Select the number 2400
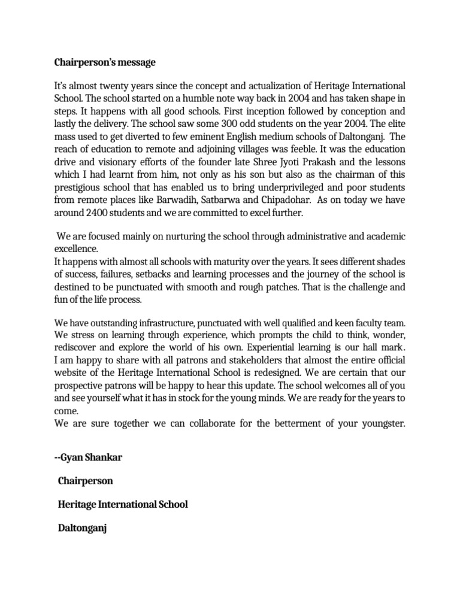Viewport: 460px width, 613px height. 99,211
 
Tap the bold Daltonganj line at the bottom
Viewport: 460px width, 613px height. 82,529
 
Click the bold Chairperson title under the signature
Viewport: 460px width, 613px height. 86,481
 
